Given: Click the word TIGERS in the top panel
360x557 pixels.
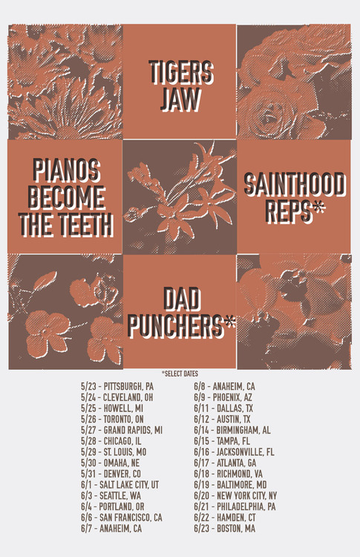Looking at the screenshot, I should [x=180, y=73].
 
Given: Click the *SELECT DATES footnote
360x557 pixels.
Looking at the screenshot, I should [x=180, y=373].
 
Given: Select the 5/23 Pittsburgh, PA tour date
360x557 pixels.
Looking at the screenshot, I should [x=117, y=386].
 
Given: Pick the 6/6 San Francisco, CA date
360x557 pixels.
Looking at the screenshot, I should [x=122, y=518].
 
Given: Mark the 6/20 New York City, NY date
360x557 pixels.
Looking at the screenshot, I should [x=235, y=495].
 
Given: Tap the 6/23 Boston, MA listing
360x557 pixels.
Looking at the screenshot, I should [x=224, y=528].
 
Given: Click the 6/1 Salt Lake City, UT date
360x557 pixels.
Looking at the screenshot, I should [x=120, y=484].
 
